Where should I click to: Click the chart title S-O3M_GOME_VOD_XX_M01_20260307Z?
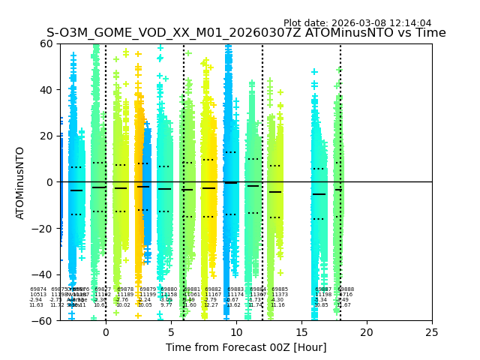point(246,33)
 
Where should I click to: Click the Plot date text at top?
point(357,23)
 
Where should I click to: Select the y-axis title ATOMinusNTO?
point(21,182)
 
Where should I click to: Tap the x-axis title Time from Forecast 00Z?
point(246,347)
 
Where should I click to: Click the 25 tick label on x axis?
point(432,332)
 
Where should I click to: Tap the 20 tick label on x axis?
point(367,332)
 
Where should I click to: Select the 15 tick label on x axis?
point(301,332)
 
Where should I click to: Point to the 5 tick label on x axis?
point(171,332)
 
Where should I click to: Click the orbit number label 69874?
point(38,289)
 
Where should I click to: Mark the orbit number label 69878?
point(125,289)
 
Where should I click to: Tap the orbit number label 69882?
point(213,289)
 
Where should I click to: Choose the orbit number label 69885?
point(280,289)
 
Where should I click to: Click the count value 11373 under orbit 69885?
point(280,295)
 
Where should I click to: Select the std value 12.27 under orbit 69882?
point(211,305)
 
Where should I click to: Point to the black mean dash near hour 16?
point(319,194)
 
